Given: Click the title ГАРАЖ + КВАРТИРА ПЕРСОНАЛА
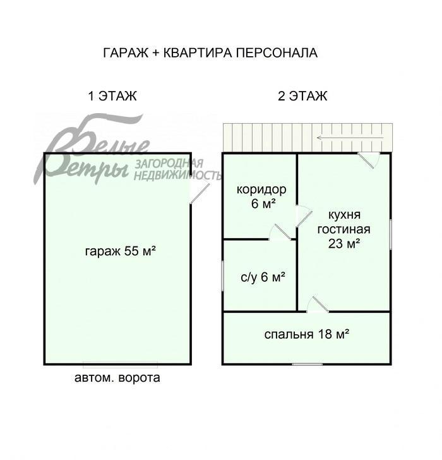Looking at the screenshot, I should coord(210,52).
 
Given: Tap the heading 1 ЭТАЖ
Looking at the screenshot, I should coord(112,96).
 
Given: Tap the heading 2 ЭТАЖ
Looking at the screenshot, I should coord(302,96).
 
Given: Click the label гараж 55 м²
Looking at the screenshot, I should coord(120,251).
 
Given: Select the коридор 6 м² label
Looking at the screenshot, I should coord(261,196).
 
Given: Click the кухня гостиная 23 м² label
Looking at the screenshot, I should coord(344,229).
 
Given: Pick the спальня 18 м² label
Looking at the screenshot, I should coord(307,334).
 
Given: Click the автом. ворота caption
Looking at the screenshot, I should coord(117,378).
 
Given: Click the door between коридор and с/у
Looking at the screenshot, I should coord(280,233).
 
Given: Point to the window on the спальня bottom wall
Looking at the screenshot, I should coord(307,364).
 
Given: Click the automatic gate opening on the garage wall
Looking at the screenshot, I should coord(120,365).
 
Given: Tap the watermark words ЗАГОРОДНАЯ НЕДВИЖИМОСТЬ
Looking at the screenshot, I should coord(177,169).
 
